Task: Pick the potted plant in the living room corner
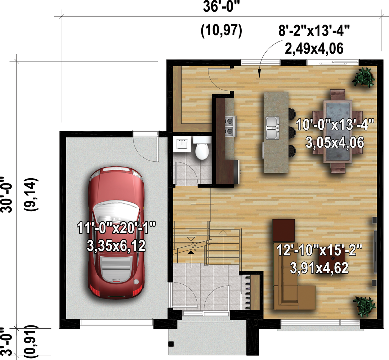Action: pyautogui.click(x=364, y=306)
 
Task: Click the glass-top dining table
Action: pyautogui.click(x=337, y=131)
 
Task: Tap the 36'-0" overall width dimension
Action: pyautogui.click(x=222, y=7)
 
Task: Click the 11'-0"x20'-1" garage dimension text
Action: pyautogui.click(x=116, y=228)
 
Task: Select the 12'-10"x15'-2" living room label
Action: pyautogui.click(x=319, y=250)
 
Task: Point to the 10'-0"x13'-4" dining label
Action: pyautogui.click(x=335, y=125)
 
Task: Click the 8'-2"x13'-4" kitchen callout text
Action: pyautogui.click(x=314, y=31)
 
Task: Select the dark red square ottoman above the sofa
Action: pyautogui.click(x=283, y=230)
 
